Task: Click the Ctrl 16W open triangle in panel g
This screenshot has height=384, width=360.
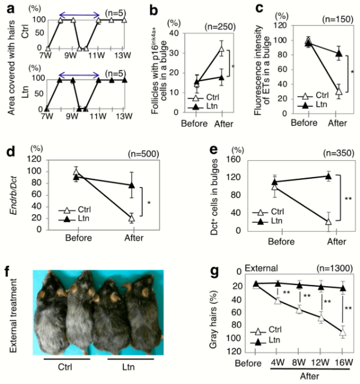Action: coord(343,332)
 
